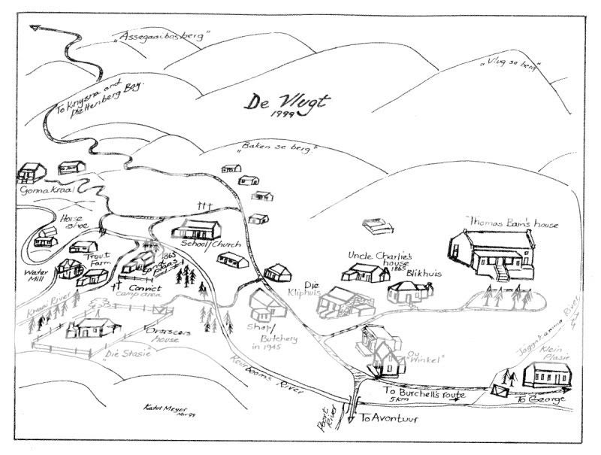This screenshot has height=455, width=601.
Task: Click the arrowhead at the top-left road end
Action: [35, 29]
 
